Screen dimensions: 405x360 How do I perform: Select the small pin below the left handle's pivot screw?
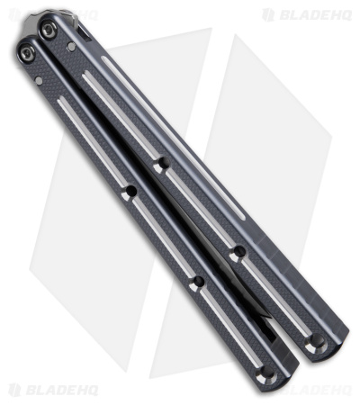point(39,80)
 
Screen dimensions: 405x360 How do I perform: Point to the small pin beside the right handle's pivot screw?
point(71,46)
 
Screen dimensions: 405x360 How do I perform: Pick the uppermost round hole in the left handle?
point(130,192)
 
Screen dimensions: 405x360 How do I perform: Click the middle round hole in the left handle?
point(197,282)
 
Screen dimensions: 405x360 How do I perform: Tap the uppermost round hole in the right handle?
point(161,166)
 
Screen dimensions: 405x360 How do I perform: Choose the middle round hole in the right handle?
point(238,255)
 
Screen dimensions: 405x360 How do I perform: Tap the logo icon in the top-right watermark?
point(268,14)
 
